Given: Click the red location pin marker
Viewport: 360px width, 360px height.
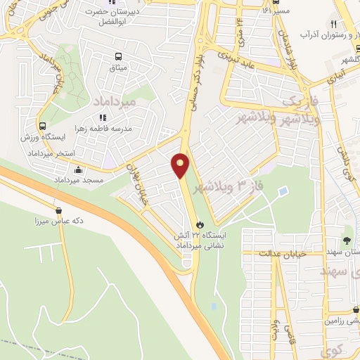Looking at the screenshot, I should tap(181, 165).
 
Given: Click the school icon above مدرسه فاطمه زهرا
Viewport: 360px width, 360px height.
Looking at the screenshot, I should tap(102, 118).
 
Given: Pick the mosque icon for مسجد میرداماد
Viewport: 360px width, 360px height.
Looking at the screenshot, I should tap(78, 169).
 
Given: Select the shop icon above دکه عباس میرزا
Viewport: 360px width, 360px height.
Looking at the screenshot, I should tap(58, 210).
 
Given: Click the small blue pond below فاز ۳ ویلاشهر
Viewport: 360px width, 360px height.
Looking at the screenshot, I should tap(283, 191).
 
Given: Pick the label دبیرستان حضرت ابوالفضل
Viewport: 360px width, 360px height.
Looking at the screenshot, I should tap(120, 16).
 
